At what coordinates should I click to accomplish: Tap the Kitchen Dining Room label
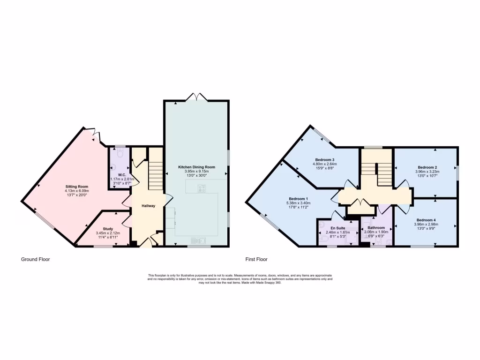[x=196, y=167]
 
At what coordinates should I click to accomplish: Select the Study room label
[x=108, y=229]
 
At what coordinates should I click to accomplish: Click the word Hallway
[x=149, y=206]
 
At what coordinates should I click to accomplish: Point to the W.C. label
[x=121, y=174]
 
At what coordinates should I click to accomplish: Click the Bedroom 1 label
[x=298, y=199]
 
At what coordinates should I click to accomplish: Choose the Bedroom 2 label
[x=427, y=167]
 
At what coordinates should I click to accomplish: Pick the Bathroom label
[x=374, y=227]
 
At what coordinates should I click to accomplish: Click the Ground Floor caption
[x=36, y=259]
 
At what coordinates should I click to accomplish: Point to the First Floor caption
[x=256, y=259]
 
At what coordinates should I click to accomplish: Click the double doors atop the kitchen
[x=196, y=97]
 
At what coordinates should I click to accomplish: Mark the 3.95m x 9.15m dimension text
[x=196, y=172]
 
